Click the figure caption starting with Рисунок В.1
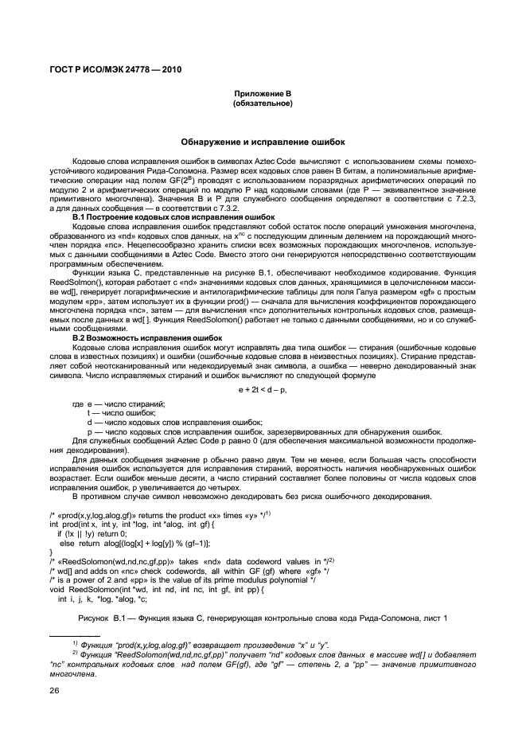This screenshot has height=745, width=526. pyautogui.click(x=263, y=618)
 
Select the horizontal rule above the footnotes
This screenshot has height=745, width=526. pyautogui.click(x=75, y=634)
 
